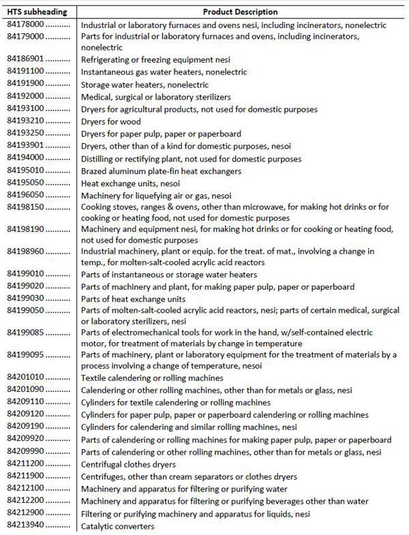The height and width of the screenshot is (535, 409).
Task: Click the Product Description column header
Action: (x=240, y=12)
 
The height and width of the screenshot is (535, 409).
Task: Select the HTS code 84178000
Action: (x=25, y=25)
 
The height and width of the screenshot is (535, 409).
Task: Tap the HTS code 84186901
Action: (x=25, y=59)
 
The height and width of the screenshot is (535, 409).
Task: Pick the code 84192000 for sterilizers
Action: (x=25, y=97)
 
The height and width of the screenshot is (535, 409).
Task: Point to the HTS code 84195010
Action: (x=25, y=171)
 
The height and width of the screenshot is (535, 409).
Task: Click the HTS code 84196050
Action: (x=25, y=196)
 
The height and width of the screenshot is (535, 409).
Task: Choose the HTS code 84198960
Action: (x=25, y=251)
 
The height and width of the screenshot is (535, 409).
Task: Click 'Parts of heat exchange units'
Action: (x=134, y=299)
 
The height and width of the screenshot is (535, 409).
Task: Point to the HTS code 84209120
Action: (x=25, y=414)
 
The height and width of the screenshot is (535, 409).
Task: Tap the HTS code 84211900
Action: (x=25, y=476)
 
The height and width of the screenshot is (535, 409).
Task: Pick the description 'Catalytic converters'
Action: (x=118, y=526)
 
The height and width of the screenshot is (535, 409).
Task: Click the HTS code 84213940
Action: (x=25, y=526)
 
